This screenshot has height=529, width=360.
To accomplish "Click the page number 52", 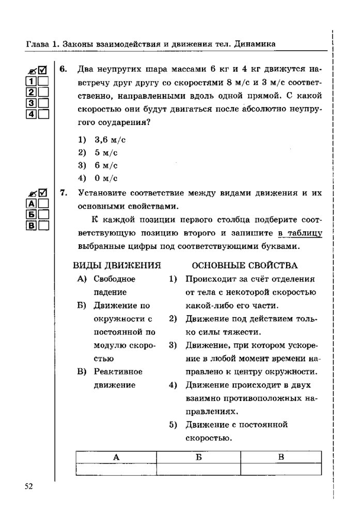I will pos(28,486).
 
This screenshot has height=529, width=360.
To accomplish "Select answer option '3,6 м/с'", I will pos(110,139).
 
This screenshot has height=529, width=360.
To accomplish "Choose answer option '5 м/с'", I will pos(106,152).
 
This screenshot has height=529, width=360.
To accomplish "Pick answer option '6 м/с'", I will pos(106,165).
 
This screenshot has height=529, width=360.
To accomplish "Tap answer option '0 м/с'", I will pos(106,178).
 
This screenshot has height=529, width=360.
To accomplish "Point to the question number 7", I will pos(62,193).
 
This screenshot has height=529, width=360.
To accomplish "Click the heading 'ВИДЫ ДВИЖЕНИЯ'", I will pos(117,266).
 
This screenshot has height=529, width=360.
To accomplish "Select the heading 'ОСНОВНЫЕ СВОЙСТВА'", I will pos(244,266).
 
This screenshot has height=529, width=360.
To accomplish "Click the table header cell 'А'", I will pos(116,457).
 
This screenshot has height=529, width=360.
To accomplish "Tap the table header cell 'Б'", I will pos(198,457).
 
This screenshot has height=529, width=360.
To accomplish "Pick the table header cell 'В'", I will pos(281,457).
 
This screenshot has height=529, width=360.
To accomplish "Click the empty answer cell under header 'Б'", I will pos(198,469).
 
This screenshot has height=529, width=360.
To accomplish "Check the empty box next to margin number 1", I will pos(43,82).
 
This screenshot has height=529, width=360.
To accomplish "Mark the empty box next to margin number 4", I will pos(43,114).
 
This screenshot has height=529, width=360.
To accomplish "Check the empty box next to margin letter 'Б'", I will pos(43,214).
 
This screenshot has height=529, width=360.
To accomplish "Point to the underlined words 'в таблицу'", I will pos(300,233).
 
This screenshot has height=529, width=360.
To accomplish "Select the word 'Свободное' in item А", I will pos(115,279).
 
